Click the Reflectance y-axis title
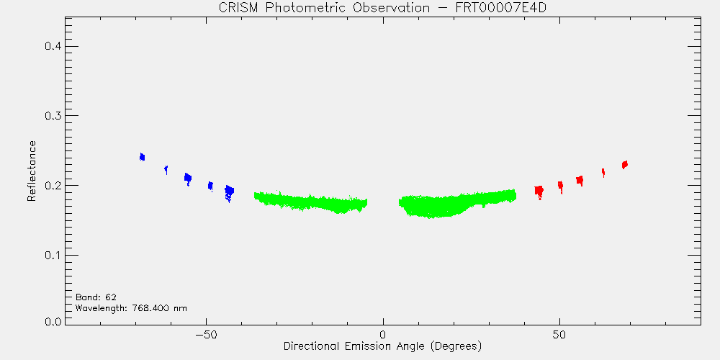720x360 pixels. click(x=31, y=171)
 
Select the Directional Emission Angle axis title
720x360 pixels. click(x=382, y=346)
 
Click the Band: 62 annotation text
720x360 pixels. click(x=92, y=297)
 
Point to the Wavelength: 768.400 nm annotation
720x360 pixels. click(x=131, y=307)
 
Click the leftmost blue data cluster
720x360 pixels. click(x=142, y=157)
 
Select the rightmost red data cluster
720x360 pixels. click(x=624, y=164)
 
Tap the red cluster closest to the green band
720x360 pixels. click(x=539, y=191)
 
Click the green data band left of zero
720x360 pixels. click(x=310, y=202)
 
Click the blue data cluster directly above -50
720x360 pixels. click(x=210, y=186)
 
